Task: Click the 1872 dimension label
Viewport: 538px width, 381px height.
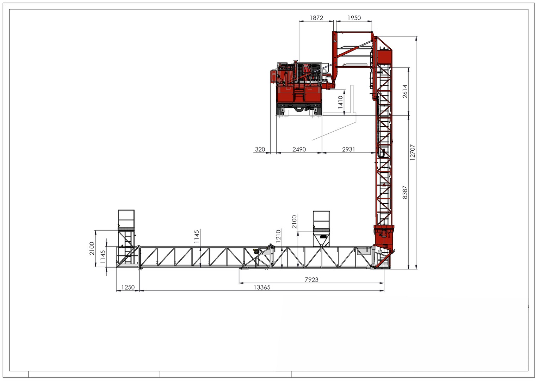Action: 316,18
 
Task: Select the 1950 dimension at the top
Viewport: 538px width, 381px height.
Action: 354,18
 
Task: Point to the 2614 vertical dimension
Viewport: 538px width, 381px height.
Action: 405,91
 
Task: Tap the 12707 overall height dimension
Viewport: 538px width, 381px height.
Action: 412,152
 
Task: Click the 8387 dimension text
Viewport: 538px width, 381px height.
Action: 405,192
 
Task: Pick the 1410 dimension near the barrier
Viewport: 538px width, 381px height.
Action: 340,102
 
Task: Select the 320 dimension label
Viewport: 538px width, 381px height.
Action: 260,149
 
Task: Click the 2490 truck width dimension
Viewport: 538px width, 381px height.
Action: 299,149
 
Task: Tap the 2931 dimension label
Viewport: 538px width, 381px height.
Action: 348,149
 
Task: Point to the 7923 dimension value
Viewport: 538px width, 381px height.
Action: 311,279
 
